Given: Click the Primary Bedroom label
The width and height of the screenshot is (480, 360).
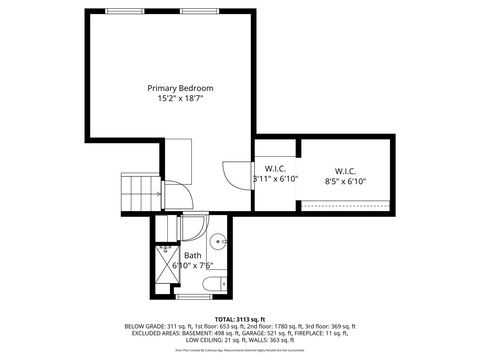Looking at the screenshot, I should (x=180, y=88).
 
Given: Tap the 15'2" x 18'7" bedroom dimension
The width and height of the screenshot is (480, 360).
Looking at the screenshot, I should (x=180, y=99).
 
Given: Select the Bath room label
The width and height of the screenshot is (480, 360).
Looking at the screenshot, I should (x=192, y=255).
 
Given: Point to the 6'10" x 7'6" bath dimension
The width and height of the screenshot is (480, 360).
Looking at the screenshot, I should (x=193, y=266).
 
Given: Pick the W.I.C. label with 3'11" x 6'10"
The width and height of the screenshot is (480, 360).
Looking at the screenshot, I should (x=276, y=169).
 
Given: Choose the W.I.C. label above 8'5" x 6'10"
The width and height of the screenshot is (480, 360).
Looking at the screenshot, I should (x=346, y=170).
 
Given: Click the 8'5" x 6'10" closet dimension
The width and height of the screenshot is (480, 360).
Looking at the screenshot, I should (x=346, y=181).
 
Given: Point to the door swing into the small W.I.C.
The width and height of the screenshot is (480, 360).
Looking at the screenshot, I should (x=232, y=175).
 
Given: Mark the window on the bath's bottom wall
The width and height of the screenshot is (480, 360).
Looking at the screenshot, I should (x=192, y=298).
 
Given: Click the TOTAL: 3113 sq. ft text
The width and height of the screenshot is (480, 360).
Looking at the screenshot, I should (x=240, y=319).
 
